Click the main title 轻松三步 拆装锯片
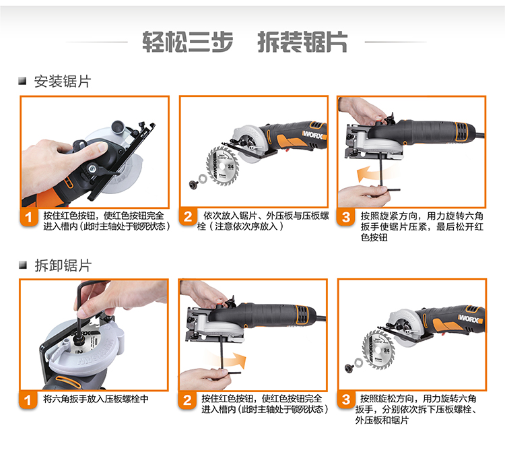click(x=245, y=42)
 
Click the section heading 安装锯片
click(x=63, y=82)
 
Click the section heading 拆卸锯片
click(x=63, y=265)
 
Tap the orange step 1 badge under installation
click(x=29, y=217)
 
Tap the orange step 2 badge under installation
click(x=188, y=217)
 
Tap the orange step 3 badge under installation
click(x=346, y=217)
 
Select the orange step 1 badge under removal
click(x=28, y=400)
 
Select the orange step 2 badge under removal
click(x=187, y=400)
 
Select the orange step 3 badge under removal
click(x=346, y=400)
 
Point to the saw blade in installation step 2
click(x=222, y=166)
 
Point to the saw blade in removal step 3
click(x=378, y=350)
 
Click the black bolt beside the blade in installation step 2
click(x=194, y=184)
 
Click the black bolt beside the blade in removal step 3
click(x=349, y=367)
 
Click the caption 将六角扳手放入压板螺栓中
click(x=96, y=399)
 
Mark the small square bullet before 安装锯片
click(x=22, y=81)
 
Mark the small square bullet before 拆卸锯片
click(x=22, y=265)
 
